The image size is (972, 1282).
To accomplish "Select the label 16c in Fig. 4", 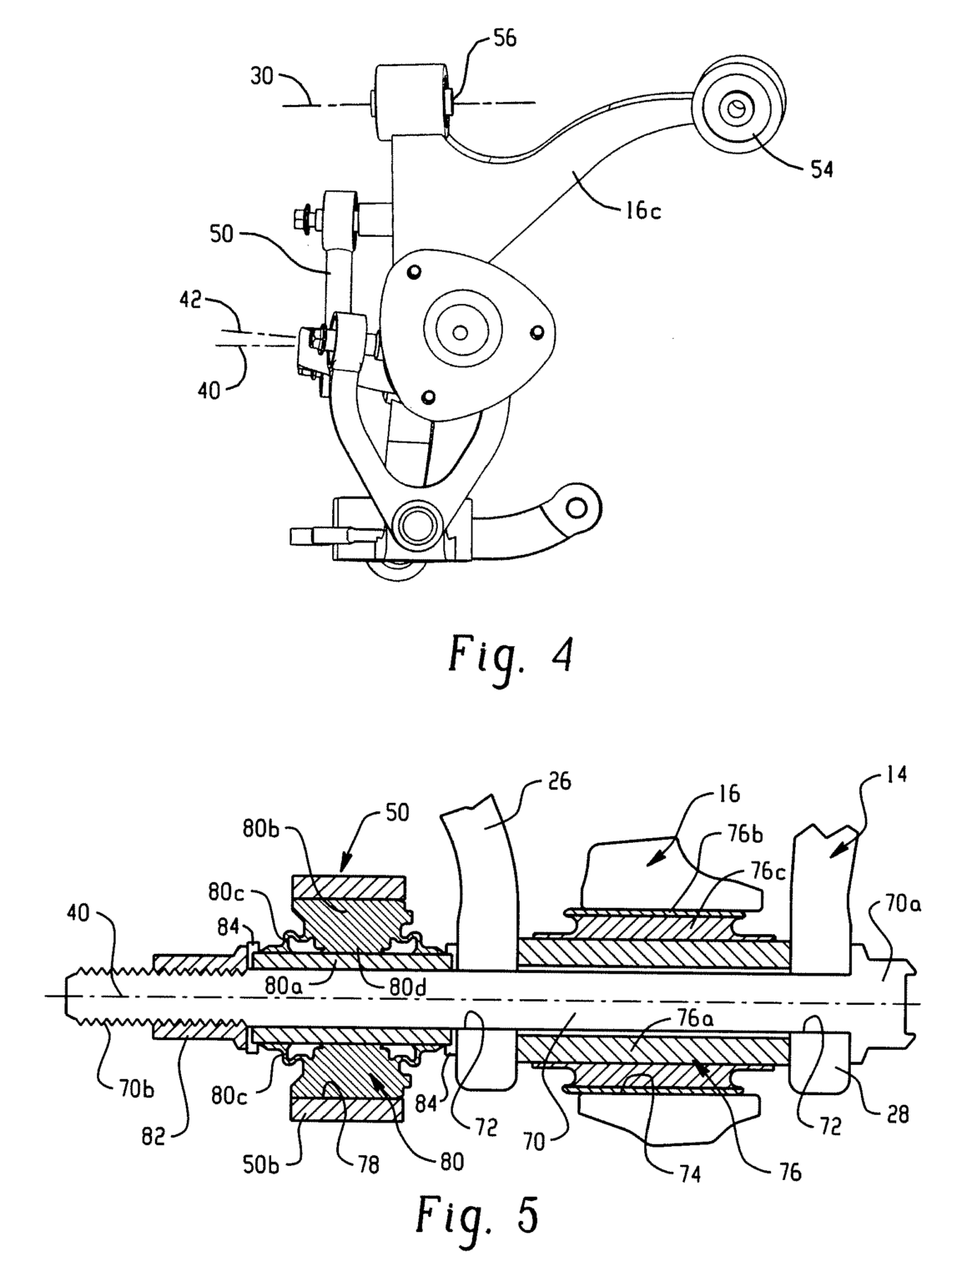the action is coord(642,210).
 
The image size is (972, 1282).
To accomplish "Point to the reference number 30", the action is coord(262,75).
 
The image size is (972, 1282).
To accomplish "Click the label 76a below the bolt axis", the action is coord(692,1019).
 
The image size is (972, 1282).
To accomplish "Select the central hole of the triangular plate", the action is coord(460,332).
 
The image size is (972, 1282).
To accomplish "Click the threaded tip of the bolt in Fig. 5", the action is coord(70,995).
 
